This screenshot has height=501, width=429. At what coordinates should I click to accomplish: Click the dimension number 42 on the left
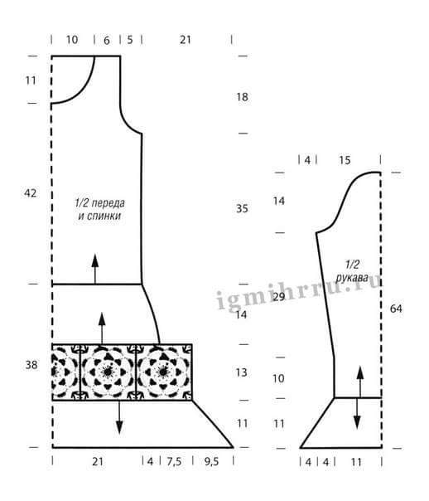coord(31,193)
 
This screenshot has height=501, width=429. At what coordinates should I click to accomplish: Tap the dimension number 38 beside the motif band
coord(31,365)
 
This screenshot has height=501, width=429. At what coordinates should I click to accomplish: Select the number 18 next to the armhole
coord(242,97)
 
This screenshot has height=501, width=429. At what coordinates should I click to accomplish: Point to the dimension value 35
coord(242,208)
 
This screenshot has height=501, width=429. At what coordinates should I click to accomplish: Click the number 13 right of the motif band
coord(242,372)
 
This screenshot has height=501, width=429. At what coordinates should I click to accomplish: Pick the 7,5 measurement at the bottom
coord(174,461)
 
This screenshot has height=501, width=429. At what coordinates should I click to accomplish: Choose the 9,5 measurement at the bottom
coord(211,461)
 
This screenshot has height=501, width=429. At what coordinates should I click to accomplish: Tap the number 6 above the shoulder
coord(107,41)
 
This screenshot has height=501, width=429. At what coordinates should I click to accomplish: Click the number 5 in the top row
coord(130,40)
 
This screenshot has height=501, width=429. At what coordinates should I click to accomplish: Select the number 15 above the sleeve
coord(345,160)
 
